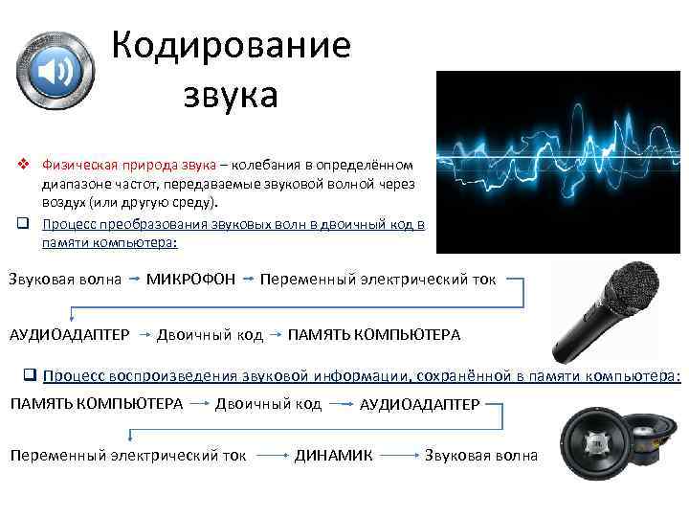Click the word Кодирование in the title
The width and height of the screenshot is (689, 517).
coord(231,46)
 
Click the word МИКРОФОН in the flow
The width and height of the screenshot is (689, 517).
coord(190,280)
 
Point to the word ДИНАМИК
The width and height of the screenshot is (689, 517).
coord(333,455)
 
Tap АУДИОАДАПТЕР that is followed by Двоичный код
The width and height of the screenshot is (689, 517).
coord(69,334)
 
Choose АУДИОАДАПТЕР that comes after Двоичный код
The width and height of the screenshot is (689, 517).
coord(419,405)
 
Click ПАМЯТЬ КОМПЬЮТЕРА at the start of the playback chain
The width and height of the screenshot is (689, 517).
coord(96,403)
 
